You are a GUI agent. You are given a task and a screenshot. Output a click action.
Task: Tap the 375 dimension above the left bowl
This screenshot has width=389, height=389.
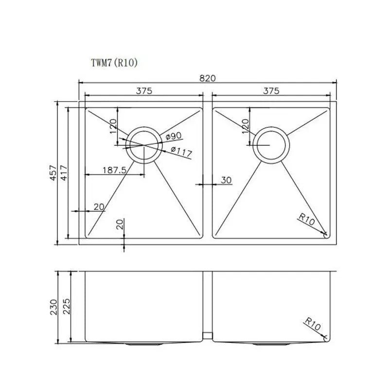tap(144, 90)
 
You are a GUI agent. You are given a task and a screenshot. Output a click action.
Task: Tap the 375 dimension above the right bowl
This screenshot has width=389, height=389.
tap(271, 90)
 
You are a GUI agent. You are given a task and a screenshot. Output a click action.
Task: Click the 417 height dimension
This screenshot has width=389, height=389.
tap(63, 174)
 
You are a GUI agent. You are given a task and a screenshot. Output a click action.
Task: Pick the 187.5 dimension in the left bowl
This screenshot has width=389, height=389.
tap(115, 170)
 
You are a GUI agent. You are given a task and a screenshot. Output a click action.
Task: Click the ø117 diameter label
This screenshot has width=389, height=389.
tap(181, 152)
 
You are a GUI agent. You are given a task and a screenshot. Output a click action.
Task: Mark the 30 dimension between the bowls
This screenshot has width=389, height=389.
tap(226, 180)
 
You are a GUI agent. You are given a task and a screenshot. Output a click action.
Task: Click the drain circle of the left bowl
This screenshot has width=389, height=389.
tap(143, 145)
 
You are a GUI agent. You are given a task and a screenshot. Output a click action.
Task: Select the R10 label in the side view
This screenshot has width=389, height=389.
tap(313, 324)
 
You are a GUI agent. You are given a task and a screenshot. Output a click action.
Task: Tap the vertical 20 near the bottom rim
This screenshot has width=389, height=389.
tap(120, 224)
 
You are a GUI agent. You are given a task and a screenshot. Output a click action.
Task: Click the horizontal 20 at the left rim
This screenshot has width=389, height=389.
tap(99, 207)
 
